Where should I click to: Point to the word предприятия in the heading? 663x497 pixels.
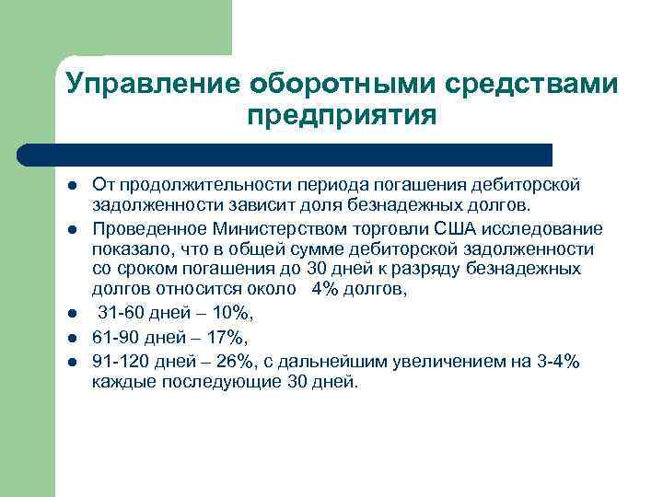pos(341,117)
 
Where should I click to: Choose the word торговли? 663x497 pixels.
pos(383,227)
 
